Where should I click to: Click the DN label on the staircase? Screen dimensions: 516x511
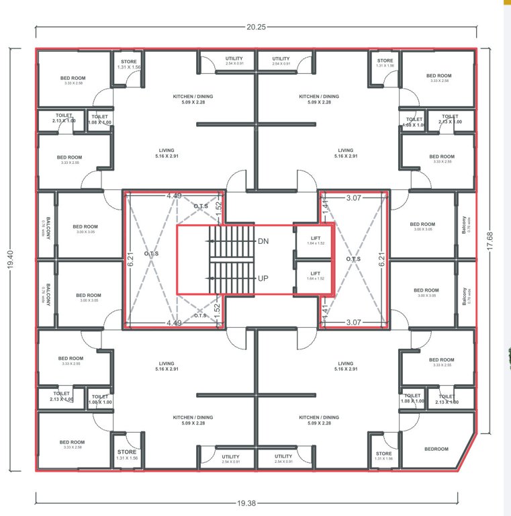[x=264, y=241]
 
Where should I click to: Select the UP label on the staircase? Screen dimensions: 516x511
[x=264, y=277]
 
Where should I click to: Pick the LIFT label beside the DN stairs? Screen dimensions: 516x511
[x=316, y=238]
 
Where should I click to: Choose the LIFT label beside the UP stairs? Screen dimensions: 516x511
[x=316, y=273]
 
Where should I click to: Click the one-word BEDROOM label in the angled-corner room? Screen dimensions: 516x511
[x=436, y=449]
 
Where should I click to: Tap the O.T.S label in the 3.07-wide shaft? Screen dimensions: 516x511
[x=354, y=259]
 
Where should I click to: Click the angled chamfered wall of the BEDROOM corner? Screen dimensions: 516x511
[x=469, y=452]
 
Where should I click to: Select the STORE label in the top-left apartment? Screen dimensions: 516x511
[x=128, y=61]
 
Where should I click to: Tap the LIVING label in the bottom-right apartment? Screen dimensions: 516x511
[x=346, y=363]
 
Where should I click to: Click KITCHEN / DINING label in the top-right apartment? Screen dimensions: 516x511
[x=319, y=96]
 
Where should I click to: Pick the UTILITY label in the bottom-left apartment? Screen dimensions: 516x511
[x=230, y=456]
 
